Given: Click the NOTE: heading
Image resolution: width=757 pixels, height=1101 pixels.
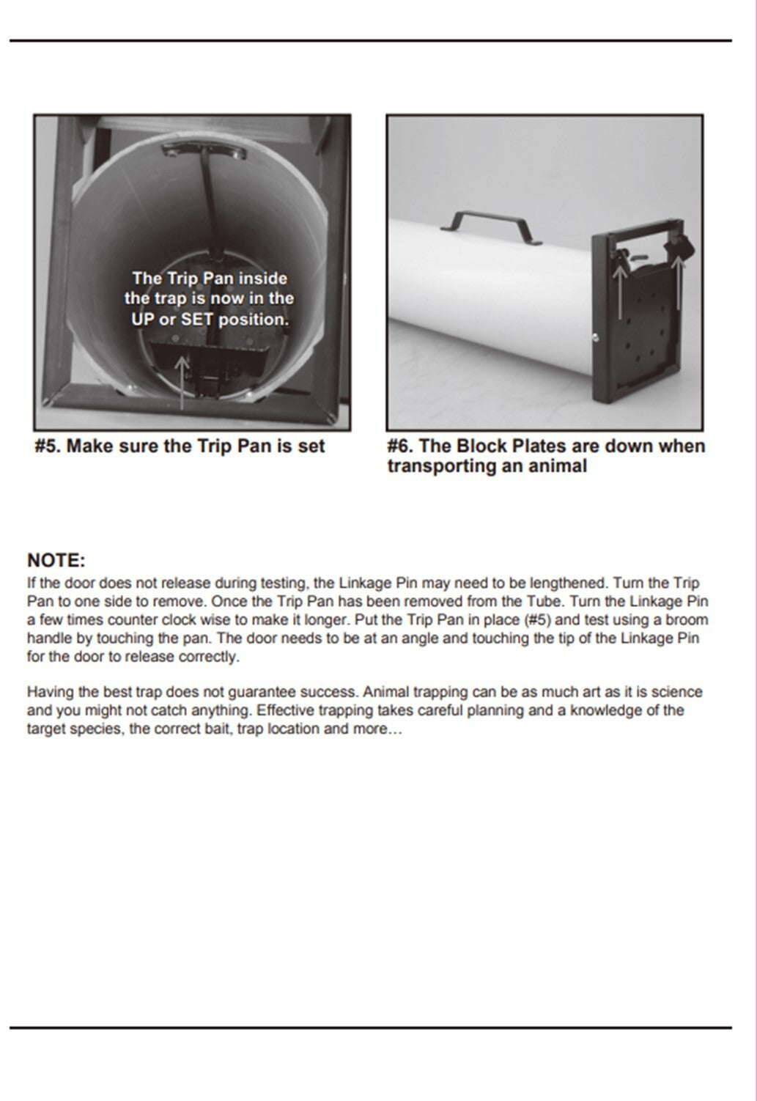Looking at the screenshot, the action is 56,560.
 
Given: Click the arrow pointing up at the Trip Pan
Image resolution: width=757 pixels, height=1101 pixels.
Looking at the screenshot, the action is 182,383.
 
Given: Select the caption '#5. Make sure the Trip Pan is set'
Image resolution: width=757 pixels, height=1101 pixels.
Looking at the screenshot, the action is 180,446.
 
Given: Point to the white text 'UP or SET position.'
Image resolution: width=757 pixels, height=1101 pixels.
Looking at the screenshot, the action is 210,320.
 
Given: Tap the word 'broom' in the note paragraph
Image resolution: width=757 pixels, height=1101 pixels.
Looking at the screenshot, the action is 687,620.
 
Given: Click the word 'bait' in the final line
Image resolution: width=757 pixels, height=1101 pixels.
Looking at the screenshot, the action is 218,729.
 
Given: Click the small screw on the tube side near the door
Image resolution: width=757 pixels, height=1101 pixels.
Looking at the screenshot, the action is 595,338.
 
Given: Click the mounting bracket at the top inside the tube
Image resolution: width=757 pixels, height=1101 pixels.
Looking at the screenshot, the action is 204,150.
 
